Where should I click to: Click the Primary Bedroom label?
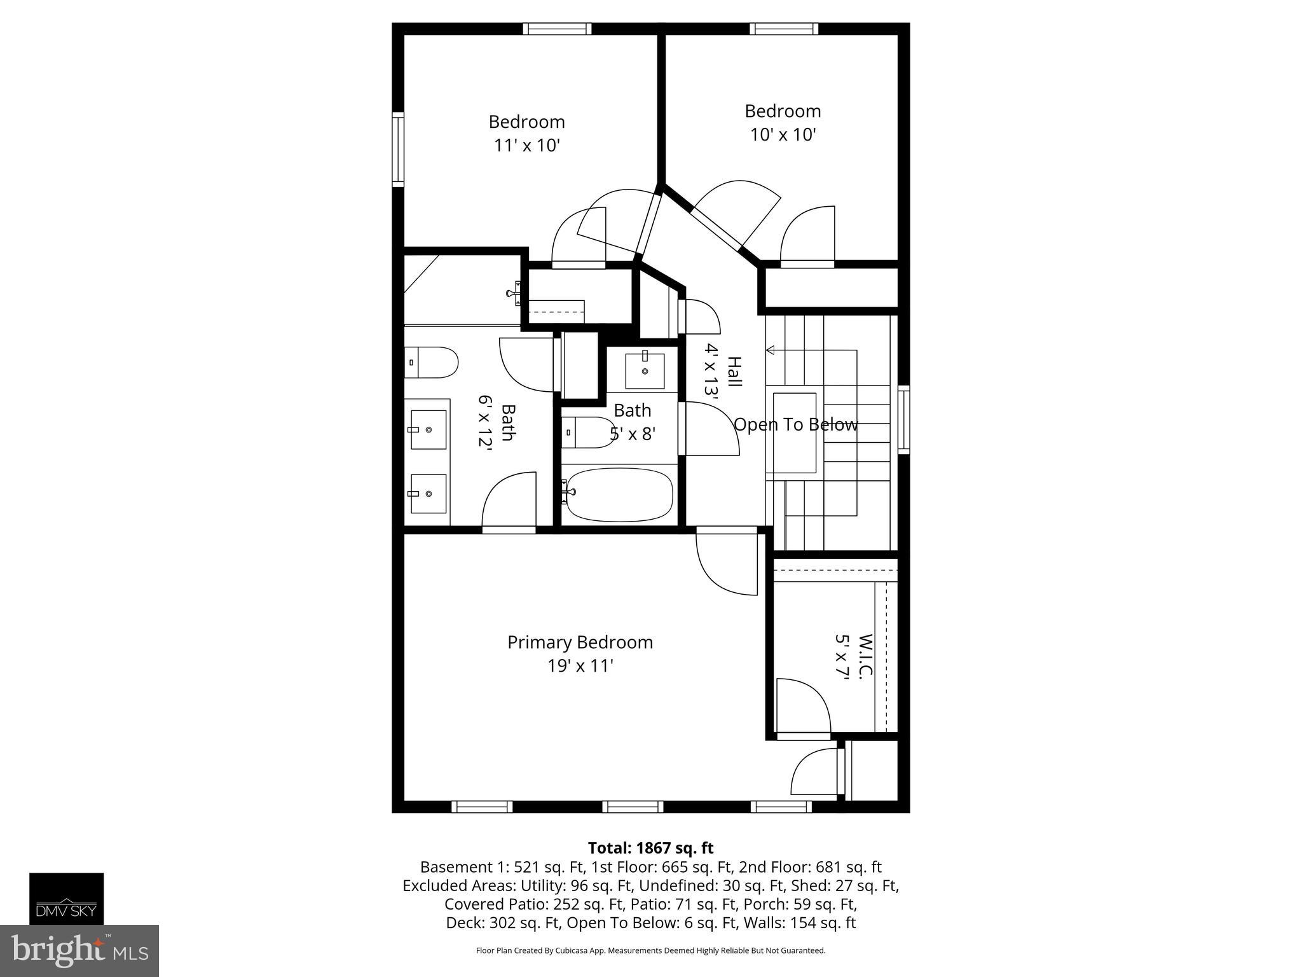tap(580, 642)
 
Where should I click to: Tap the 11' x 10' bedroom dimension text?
tap(527, 146)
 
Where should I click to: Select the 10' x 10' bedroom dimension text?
tap(783, 135)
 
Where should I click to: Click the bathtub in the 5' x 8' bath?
tap(619, 494)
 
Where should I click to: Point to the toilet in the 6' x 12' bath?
tap(432, 363)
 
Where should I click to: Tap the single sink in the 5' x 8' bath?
tap(645, 371)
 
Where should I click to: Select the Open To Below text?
tap(796, 425)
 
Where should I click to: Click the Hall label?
tap(734, 372)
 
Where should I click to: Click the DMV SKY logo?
tap(67, 898)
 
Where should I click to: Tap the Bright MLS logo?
tap(79, 950)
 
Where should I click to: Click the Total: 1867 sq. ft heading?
tap(650, 848)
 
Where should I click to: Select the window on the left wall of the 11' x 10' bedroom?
tap(398, 149)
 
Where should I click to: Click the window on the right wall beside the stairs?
tap(903, 419)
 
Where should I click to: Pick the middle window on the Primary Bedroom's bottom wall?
tap(633, 807)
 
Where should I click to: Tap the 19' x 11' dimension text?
tap(580, 666)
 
